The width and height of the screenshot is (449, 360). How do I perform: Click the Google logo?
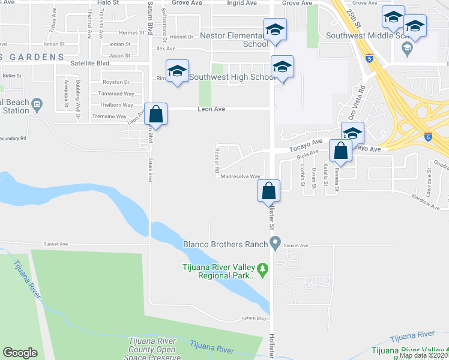click(20, 352)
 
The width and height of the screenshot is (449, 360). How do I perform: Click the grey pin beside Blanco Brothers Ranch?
click(276, 243)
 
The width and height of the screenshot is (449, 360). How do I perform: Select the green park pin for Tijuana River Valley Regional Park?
click(262, 268)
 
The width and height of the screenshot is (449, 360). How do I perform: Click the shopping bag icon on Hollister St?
click(269, 191)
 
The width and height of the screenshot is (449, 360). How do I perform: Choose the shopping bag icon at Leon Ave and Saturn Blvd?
click(155, 114)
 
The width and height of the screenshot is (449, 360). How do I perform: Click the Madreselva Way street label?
click(240, 177)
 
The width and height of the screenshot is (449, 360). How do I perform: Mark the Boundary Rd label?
click(13, 138)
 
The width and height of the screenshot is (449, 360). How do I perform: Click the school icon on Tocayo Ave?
click(352, 133)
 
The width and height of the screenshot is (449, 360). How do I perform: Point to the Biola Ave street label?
click(308, 155)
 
